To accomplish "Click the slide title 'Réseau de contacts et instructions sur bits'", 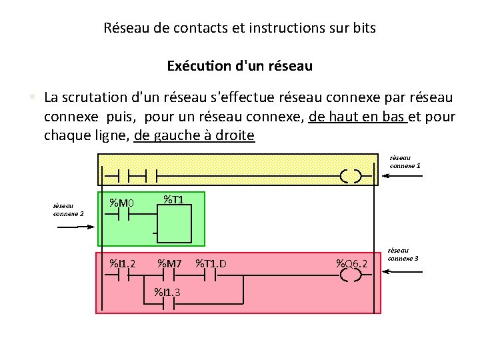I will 240,28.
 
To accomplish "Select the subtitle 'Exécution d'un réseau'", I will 240,66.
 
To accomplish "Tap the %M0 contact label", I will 122,203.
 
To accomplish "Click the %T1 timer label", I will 174,199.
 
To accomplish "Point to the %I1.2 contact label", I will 123,263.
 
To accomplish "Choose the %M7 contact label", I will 169,263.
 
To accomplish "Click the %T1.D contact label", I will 211,263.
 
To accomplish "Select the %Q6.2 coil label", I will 351,263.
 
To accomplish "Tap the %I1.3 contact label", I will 167,291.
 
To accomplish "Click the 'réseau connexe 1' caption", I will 405,161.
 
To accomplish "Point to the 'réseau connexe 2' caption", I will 68,210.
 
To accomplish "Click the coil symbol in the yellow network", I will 351,176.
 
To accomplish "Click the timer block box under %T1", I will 175,223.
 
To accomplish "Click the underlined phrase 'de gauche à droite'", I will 194,135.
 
